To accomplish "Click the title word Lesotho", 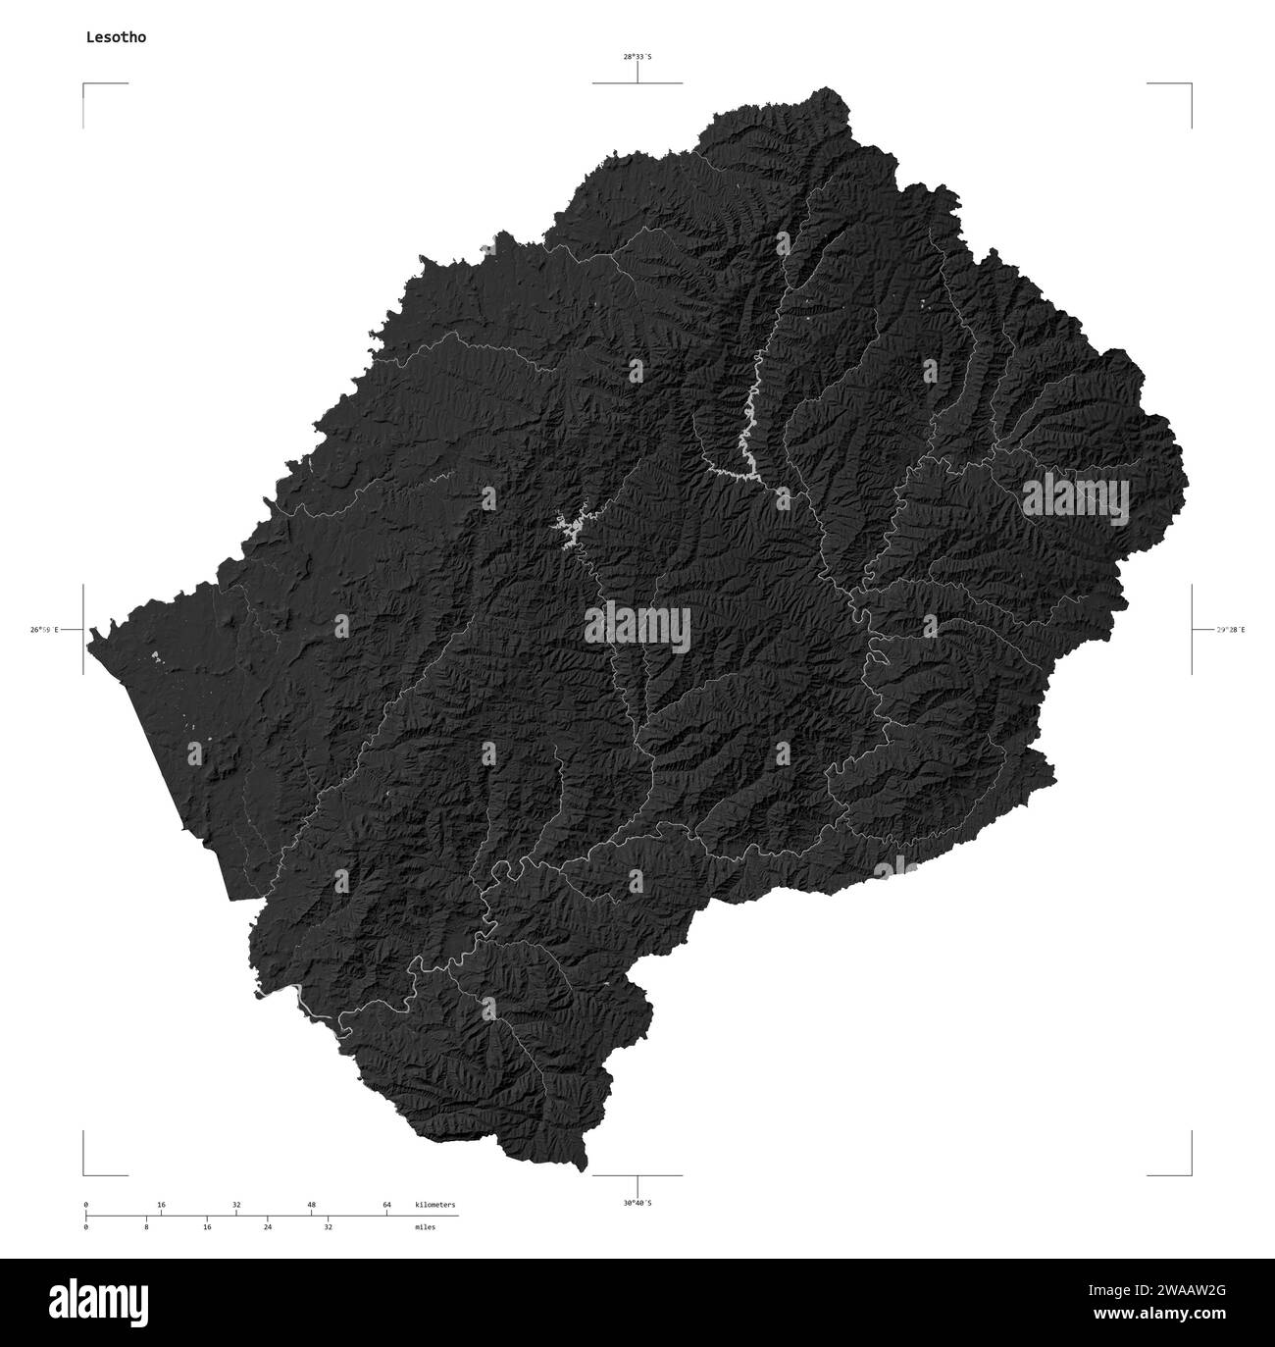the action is click(109, 37).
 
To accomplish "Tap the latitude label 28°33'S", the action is click(637, 57).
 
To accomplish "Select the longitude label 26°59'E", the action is click(45, 629).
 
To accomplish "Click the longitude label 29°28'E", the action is click(1230, 629).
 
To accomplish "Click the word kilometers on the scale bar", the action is click(434, 1204).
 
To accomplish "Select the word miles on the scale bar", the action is click(425, 1226).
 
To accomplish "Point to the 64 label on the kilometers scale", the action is click(386, 1204).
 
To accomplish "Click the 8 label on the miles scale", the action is click(146, 1226).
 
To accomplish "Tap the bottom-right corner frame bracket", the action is click(1190, 1172).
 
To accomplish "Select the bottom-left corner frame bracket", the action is click(85, 1172).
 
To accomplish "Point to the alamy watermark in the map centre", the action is click(637, 629).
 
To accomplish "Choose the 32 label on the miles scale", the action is click(329, 1226).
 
